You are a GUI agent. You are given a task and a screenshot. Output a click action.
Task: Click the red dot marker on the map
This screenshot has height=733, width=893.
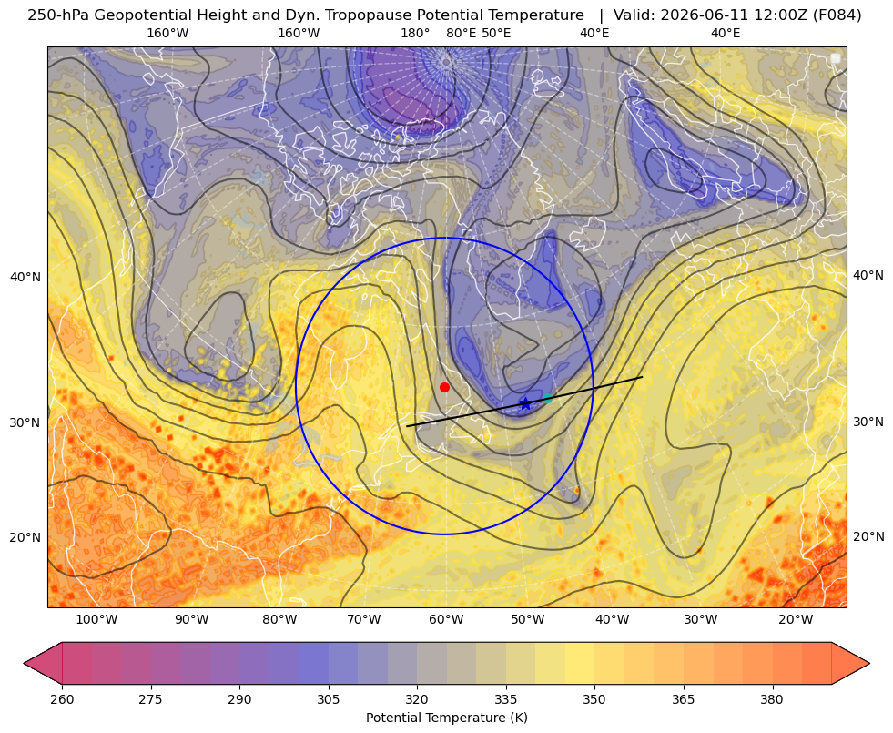(x=445, y=387)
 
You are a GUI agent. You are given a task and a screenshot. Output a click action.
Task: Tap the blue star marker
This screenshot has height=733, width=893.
(x=525, y=403)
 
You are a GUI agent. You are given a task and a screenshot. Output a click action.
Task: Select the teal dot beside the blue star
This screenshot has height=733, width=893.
(x=547, y=398)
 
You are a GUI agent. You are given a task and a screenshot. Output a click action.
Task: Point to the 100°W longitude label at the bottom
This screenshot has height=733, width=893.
(x=96, y=620)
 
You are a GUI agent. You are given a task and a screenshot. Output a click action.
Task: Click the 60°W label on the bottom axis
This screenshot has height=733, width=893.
(x=446, y=620)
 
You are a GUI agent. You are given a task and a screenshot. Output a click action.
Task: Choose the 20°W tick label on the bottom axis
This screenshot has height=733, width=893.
(x=796, y=620)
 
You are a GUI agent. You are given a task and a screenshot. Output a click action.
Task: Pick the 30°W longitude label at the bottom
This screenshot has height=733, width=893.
(x=701, y=620)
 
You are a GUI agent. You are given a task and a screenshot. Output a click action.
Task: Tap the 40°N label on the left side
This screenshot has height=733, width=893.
(x=25, y=277)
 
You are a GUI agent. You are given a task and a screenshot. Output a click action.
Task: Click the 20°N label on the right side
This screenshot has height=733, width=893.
(x=868, y=536)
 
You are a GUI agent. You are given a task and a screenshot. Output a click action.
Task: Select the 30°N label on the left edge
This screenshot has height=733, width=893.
(x=25, y=422)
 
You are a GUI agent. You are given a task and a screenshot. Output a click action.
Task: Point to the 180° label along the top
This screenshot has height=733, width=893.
(x=415, y=33)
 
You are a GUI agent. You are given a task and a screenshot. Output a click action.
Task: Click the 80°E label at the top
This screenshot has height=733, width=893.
(x=461, y=33)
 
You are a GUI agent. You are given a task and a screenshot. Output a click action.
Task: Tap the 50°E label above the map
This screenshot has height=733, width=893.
(x=496, y=33)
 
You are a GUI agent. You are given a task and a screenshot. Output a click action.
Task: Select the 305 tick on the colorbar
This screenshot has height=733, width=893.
(x=328, y=698)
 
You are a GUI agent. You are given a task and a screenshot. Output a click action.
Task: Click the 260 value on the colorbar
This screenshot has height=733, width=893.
(x=62, y=698)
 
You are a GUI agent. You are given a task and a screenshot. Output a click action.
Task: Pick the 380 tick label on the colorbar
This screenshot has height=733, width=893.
(x=772, y=698)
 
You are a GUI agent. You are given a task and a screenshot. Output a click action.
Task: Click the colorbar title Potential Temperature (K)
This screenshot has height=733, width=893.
(x=446, y=718)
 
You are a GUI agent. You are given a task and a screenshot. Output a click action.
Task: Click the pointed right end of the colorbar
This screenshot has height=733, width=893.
(x=869, y=663)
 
